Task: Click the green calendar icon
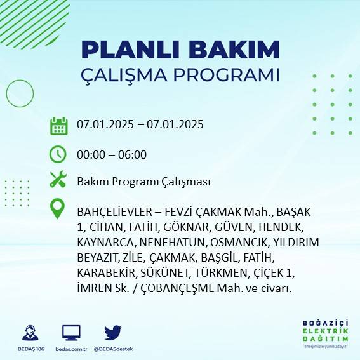click(58, 126)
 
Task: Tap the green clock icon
click(58, 154)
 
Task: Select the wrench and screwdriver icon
click(58, 180)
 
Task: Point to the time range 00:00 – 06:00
click(112, 155)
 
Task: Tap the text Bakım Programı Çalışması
click(143, 182)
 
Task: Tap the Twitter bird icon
click(113, 333)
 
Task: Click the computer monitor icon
click(71, 333)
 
